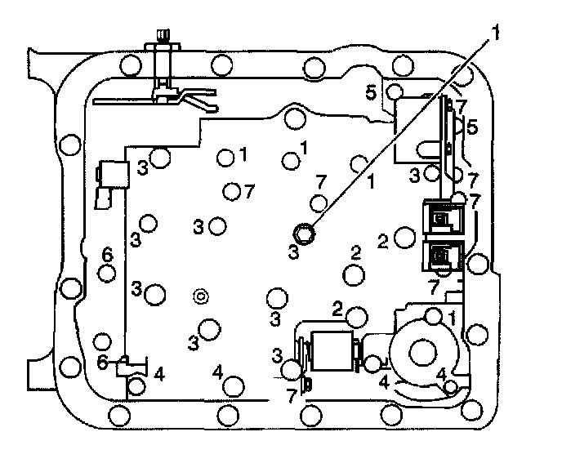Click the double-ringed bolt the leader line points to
coord(304,234)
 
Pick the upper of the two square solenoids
coord(441,218)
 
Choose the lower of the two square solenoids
coord(441,256)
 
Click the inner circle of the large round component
coord(424,353)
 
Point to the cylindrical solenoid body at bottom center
coord(331,354)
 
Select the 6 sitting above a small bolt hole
coord(106,254)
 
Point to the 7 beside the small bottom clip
coord(292,395)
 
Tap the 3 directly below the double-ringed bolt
coord(293,252)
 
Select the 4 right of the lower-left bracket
coord(159,374)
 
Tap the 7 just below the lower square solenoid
coord(434,285)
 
